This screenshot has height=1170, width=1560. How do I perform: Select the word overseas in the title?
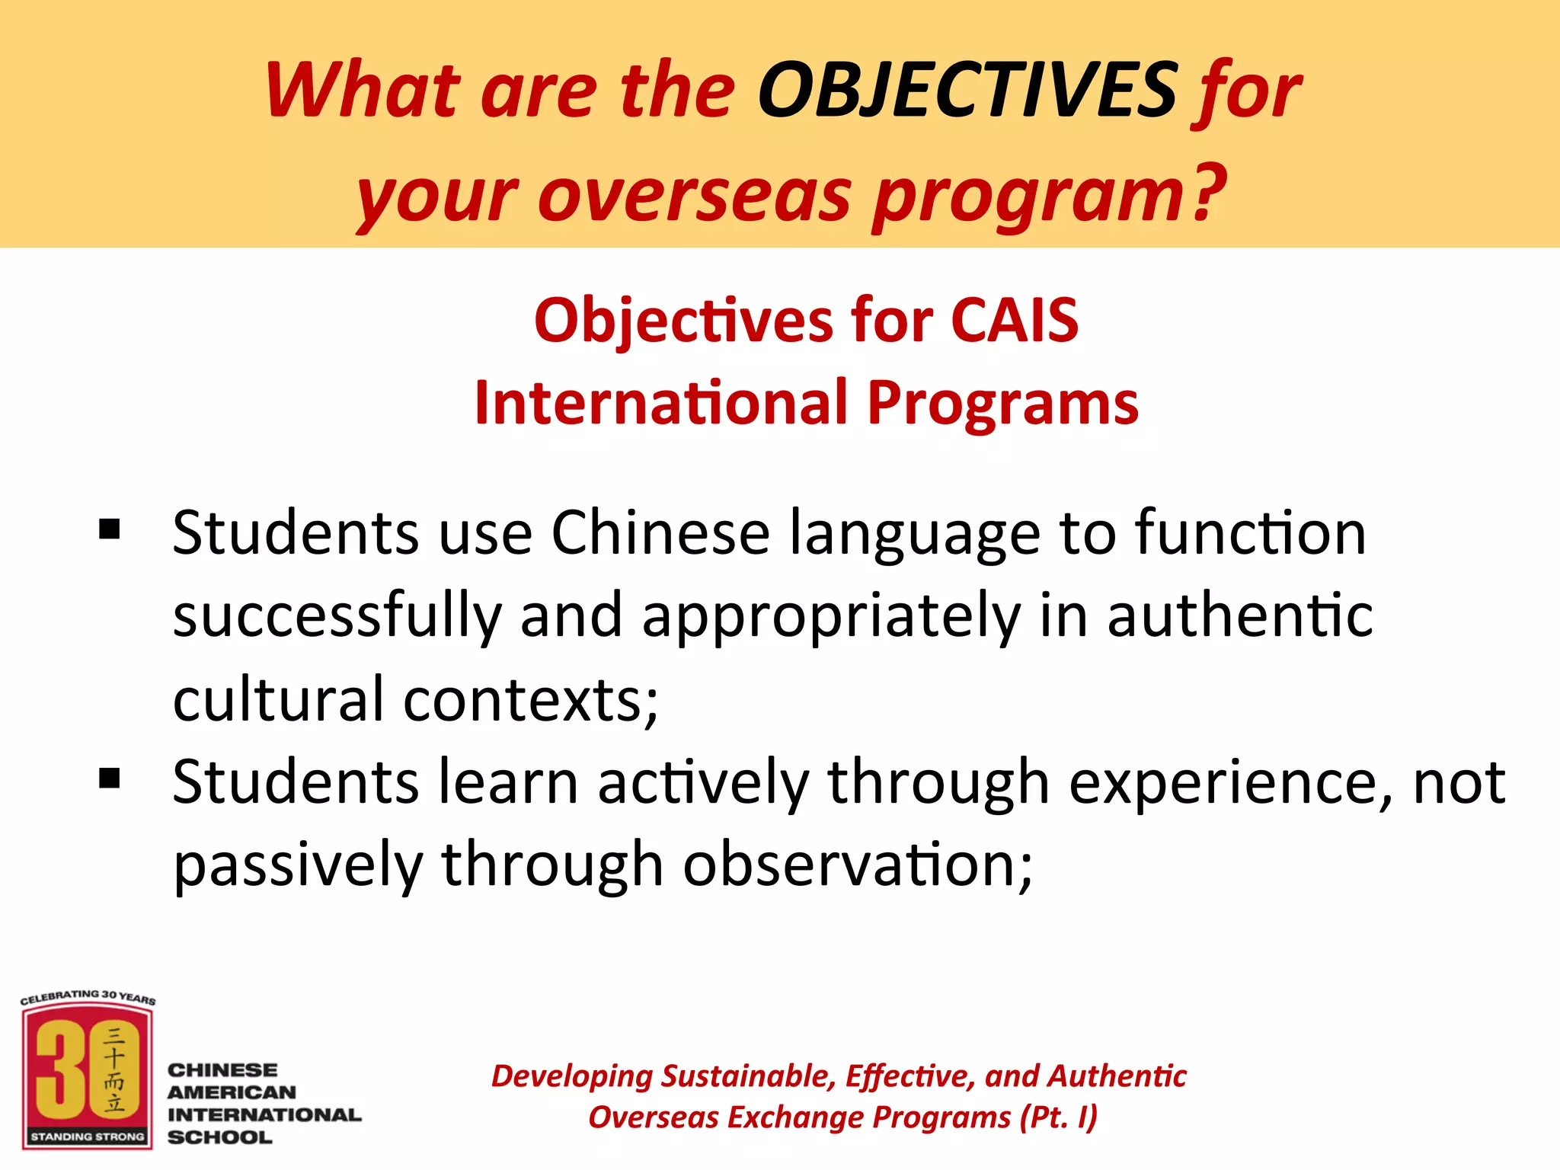click(694, 197)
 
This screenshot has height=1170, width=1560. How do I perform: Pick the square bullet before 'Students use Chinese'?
click(110, 529)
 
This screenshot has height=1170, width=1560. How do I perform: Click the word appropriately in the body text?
click(831, 616)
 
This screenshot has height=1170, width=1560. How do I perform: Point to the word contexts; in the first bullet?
click(530, 699)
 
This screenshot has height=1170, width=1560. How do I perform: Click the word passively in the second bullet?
click(298, 865)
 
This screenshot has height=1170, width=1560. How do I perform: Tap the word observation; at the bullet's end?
click(858, 865)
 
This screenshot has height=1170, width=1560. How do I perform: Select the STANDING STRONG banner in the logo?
click(88, 1136)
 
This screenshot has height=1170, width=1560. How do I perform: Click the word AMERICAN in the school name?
click(232, 1092)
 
